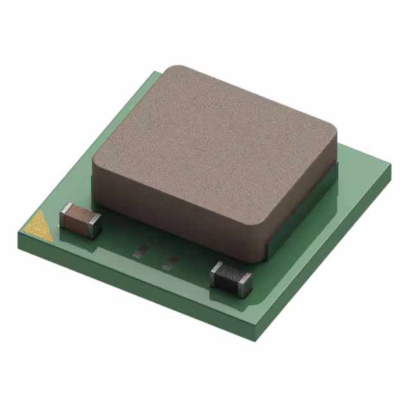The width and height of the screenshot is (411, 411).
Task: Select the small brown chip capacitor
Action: [x=80, y=220]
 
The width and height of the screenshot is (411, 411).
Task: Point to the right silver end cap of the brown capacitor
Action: [x=94, y=225]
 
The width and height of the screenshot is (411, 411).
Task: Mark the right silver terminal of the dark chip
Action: [x=245, y=285]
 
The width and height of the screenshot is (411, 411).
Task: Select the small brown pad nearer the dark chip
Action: [x=171, y=262]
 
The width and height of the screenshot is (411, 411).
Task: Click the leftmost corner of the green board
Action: [x=19, y=232]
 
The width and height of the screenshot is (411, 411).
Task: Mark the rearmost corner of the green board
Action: [x=156, y=73]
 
